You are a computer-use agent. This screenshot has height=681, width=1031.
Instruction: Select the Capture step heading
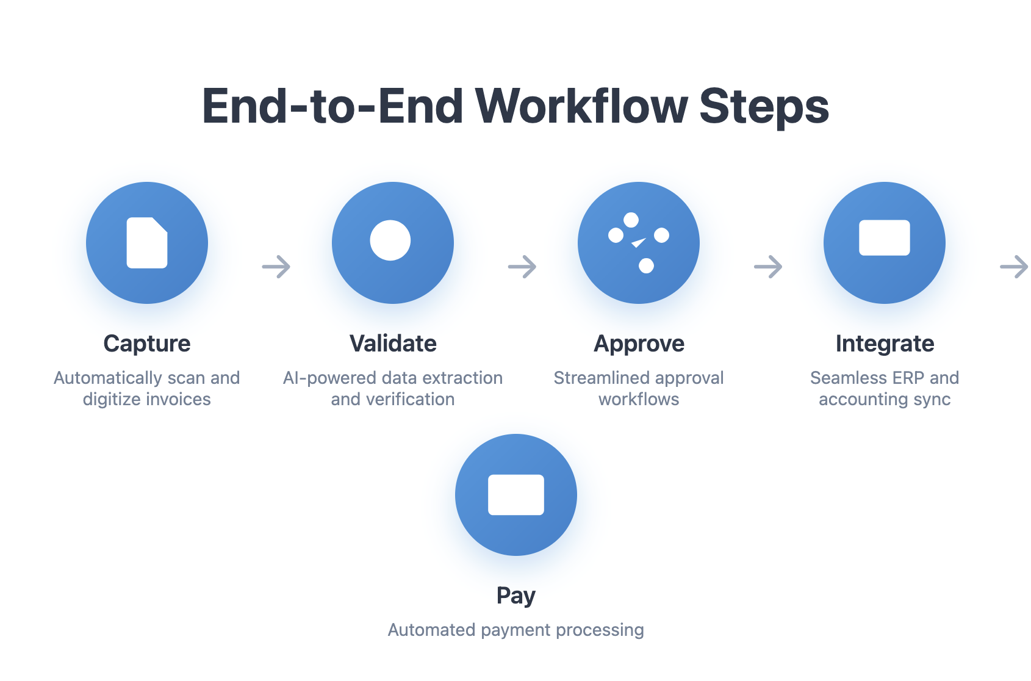coord(147,344)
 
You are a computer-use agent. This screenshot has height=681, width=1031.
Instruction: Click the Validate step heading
coord(393,344)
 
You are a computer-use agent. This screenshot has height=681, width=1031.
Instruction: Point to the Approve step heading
coord(639,344)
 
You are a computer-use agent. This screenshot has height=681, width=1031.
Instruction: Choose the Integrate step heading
coord(885,344)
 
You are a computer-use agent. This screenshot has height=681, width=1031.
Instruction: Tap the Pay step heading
coord(515,596)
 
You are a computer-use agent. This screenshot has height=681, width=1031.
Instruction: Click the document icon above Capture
coord(147,243)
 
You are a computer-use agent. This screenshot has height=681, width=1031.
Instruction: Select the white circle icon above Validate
coord(390,240)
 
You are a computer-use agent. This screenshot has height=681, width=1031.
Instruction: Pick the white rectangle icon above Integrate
coord(885,237)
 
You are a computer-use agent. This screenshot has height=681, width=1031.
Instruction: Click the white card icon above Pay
coord(515,495)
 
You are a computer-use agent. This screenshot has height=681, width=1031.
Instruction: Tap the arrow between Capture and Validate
coord(276,267)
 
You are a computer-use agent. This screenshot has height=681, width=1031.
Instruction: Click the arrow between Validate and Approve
coord(522,267)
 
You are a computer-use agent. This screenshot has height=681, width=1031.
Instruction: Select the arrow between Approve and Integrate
coord(768,267)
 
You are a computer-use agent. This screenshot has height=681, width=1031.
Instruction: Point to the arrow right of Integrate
coord(1014,267)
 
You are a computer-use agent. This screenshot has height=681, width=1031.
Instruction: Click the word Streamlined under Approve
coord(596,378)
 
